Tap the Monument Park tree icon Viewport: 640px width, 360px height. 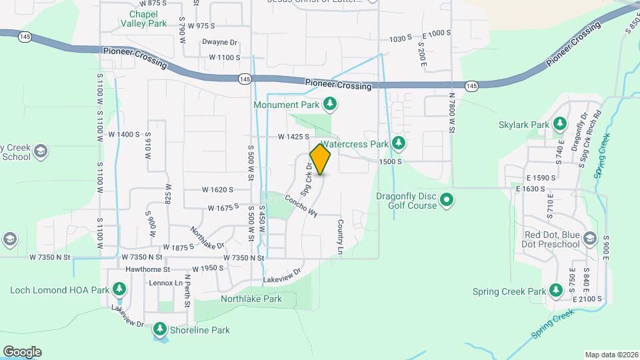pos(329,104)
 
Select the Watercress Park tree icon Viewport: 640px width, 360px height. pos(399,143)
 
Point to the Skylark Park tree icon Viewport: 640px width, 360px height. pos(560,125)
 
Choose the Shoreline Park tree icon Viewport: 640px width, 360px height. pos(159,329)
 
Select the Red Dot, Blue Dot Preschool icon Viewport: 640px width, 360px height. pos(589,239)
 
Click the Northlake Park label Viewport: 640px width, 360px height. pos(251,299)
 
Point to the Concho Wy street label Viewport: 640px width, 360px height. pos(301,205)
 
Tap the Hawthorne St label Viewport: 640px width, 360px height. pos(148,269)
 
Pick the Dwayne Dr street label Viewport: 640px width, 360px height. pos(219,42)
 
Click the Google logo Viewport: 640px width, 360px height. pos(23,351)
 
